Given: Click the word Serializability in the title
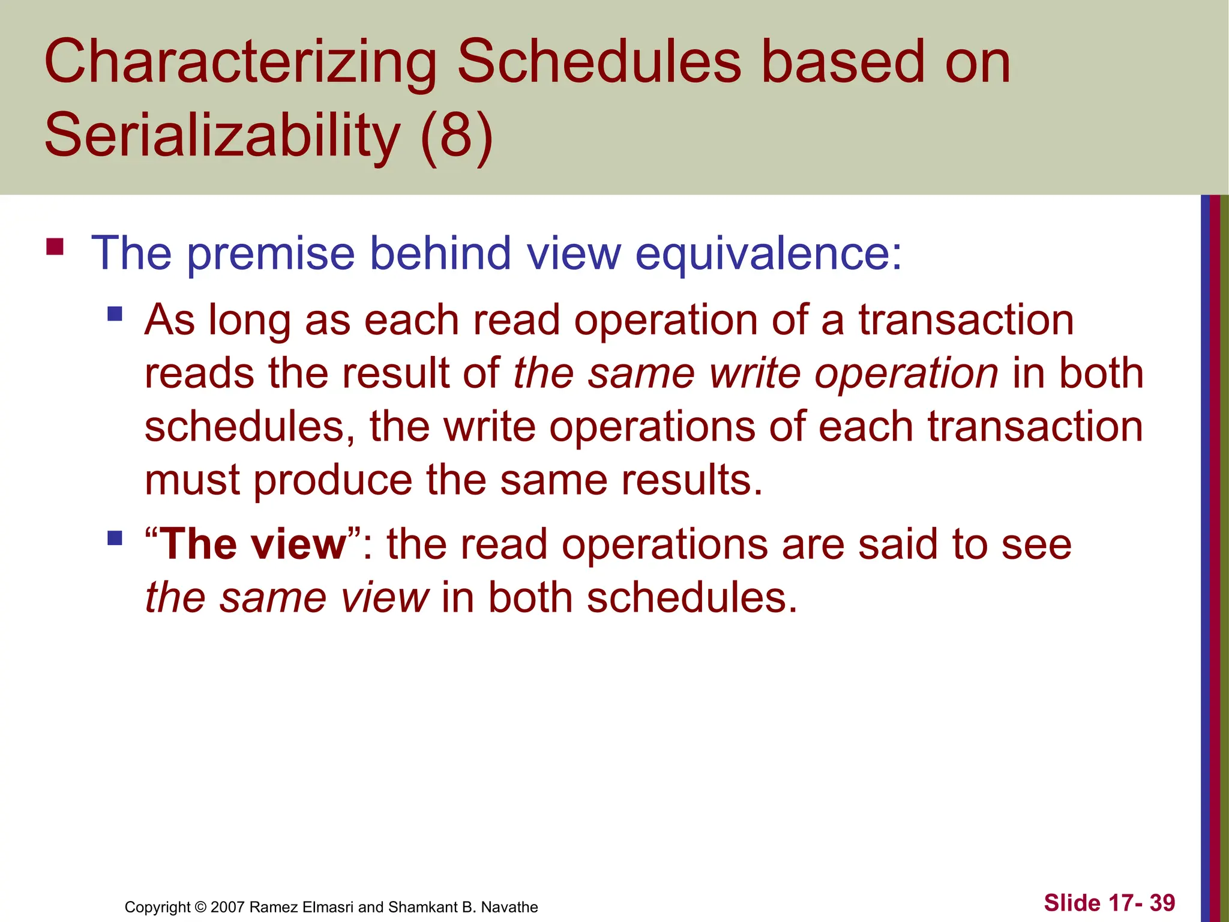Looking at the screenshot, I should tap(222, 135).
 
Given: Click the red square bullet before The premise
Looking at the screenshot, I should tap(55, 247).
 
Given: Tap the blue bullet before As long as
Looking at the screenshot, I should tap(115, 314).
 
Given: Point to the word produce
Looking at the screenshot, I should tap(332, 480).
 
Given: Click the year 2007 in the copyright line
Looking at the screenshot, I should tap(227, 907).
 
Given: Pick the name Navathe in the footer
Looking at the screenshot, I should tap(509, 907).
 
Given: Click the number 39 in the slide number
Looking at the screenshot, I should tap(1162, 903).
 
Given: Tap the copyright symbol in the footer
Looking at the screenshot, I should tap(200, 907).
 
